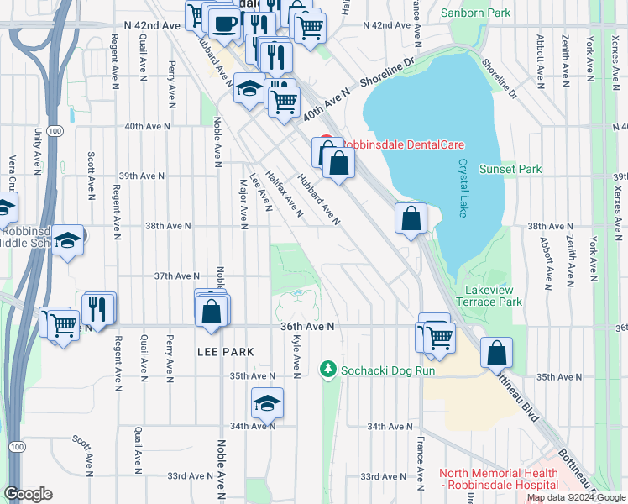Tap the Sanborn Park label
[484, 13]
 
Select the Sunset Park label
[510, 169]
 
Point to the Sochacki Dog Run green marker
[327, 369]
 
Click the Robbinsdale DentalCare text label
[401, 144]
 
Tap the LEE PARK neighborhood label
[226, 349]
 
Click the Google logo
[28, 494]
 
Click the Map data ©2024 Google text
[576, 497]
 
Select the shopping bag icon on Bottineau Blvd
[497, 353]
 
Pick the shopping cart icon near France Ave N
[438, 338]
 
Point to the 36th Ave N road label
[308, 325]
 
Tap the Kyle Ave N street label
[296, 354]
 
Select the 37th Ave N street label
[176, 276]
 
